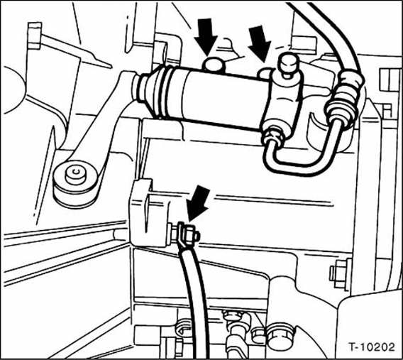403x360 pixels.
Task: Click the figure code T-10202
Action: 371,347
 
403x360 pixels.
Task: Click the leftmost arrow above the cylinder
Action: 206,37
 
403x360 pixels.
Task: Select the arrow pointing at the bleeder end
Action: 260,43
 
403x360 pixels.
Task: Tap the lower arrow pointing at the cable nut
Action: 197,203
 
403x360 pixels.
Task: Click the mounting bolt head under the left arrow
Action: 214,65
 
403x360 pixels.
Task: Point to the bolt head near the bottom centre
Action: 280,335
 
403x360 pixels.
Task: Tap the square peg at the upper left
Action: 35,36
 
